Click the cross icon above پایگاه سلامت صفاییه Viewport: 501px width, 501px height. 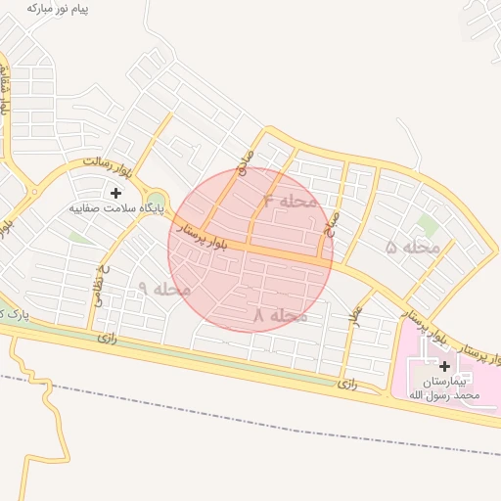click(115, 193)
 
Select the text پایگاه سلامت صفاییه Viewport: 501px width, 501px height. click(116, 208)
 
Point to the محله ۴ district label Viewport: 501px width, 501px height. click(291, 201)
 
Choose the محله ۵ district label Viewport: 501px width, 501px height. click(414, 247)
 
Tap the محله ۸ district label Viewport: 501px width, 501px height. click(280, 315)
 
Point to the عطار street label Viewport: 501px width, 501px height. click(356, 314)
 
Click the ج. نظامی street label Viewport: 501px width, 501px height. click(100, 286)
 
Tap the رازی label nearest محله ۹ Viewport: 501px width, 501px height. click(107, 337)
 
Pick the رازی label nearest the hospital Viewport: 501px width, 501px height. click(348, 384)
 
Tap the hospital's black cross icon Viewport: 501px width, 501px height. click(444, 365)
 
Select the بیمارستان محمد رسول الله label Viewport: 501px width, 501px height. click(444, 387)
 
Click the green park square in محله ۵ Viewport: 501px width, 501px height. click(427, 224)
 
